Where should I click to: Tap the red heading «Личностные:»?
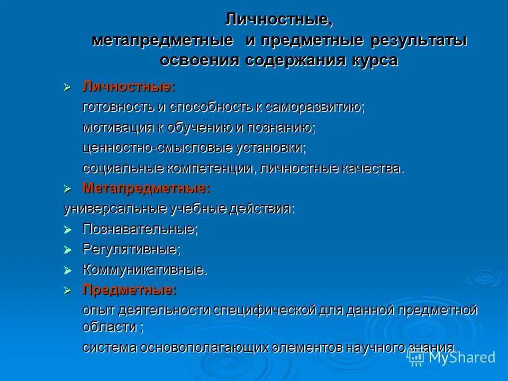click(129, 87)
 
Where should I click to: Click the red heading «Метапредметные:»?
click(146, 188)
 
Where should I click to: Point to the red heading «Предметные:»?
click(129, 289)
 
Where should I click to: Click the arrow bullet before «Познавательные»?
click(67, 229)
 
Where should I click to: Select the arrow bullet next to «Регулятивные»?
click(67, 249)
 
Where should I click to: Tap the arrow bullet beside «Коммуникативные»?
click(67, 270)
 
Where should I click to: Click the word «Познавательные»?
click(140, 229)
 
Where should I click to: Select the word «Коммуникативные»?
click(144, 270)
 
